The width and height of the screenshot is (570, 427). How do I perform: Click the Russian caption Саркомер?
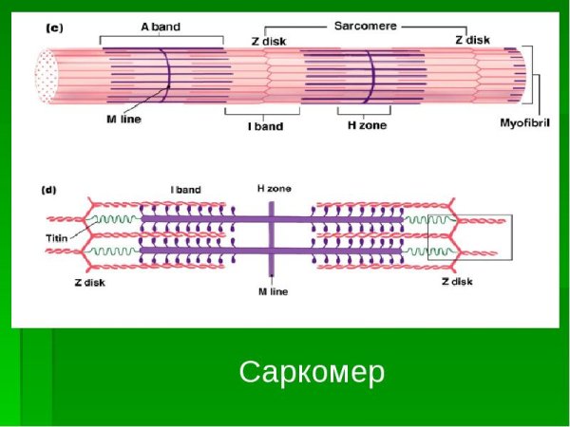(x=312, y=373)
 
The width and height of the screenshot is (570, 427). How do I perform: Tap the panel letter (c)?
(x=54, y=29)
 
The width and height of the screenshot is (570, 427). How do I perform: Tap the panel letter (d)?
(x=48, y=190)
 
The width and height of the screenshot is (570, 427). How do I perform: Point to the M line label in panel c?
(x=124, y=120)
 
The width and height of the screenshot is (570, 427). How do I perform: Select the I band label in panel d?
(x=186, y=190)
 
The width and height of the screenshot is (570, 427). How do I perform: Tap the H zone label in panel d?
(x=274, y=189)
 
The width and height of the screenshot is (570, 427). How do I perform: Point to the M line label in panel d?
(x=273, y=292)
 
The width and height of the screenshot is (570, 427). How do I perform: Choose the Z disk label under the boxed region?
(x=458, y=282)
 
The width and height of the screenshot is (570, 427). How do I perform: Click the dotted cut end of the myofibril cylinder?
(x=46, y=75)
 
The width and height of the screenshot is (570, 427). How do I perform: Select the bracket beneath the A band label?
(x=161, y=39)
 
